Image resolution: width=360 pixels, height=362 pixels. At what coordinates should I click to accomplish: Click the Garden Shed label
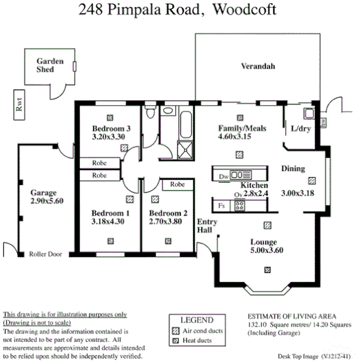click(x=45, y=66)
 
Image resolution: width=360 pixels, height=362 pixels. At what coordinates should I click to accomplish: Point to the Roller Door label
click(x=46, y=254)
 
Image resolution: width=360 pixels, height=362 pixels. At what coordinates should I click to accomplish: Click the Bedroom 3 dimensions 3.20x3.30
click(x=108, y=137)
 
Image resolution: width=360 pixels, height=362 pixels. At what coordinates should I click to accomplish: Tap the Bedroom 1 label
click(x=111, y=213)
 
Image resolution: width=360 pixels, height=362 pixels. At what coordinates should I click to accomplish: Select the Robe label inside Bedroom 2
click(x=178, y=184)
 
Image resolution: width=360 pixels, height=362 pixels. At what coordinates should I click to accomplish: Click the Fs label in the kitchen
click(x=220, y=206)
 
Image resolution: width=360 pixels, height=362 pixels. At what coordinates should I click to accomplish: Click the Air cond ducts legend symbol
click(x=176, y=331)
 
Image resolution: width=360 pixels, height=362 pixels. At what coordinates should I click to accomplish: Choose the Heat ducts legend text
click(x=199, y=341)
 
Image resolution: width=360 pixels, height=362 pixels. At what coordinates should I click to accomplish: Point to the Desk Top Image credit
click(x=313, y=355)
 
